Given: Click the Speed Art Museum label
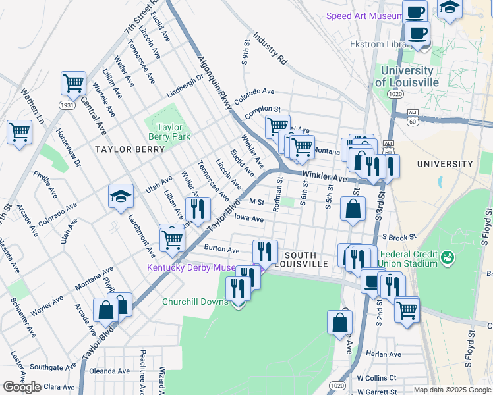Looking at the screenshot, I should click(364, 16).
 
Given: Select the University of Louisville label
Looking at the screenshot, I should click(407, 76).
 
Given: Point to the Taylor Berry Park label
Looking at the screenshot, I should click(172, 132).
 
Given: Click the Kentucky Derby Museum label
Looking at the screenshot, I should click(190, 268).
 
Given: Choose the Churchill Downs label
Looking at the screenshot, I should click(195, 302).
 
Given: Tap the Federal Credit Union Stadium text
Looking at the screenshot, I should click(409, 259).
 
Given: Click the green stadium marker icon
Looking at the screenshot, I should click(448, 256).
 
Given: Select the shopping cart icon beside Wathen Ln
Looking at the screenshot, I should click(19, 131).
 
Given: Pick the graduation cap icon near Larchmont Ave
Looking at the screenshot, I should click(121, 196).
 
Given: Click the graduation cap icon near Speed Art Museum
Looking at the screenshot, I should click(449, 9).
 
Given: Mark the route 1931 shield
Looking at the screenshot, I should click(67, 105).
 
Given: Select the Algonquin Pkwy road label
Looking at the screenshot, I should click(215, 82).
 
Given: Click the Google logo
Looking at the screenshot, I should click(22, 387).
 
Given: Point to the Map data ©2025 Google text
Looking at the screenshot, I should click(452, 390).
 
